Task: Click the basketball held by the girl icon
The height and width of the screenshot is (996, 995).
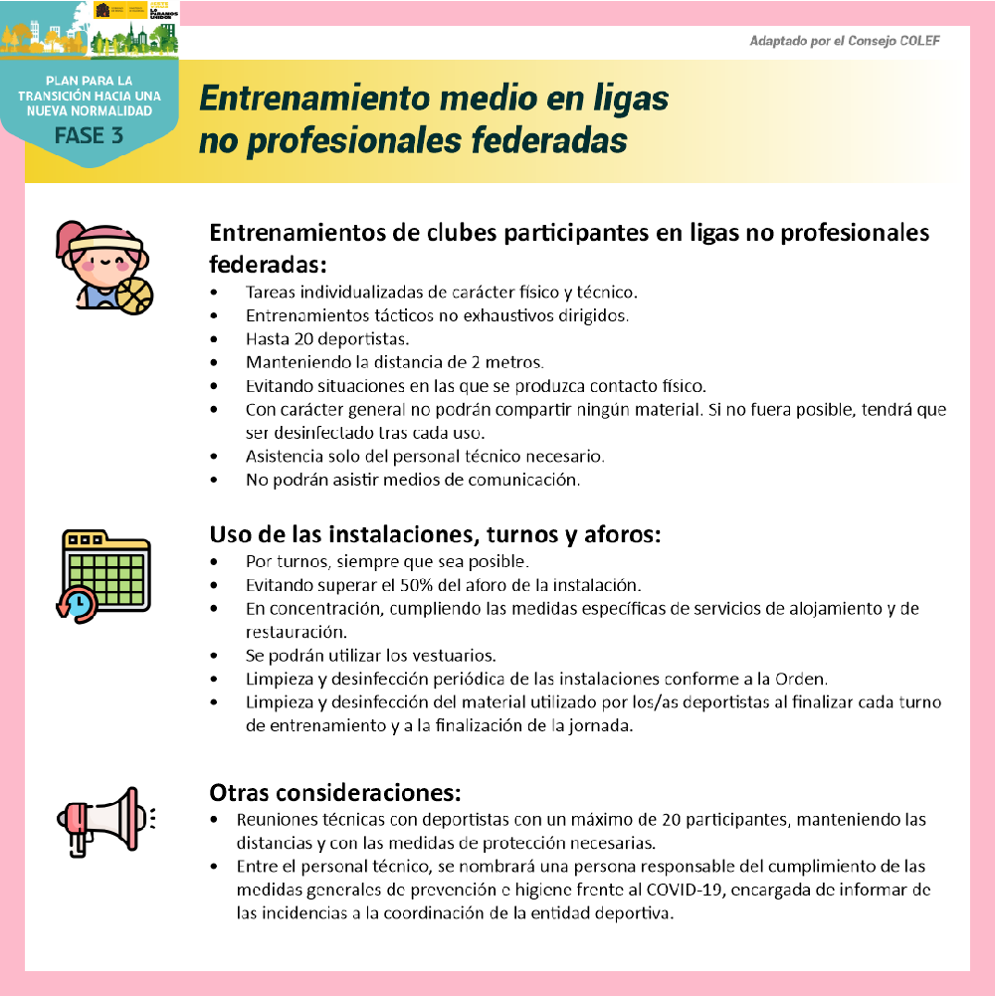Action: (x=134, y=296)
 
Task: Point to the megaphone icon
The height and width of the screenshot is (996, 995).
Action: (x=104, y=820)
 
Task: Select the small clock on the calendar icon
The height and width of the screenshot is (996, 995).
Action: (x=77, y=604)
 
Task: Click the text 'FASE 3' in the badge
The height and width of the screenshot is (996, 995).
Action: (x=90, y=135)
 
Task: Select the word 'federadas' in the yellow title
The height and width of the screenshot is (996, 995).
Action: (x=543, y=141)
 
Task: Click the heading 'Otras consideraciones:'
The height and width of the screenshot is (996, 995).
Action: (x=335, y=793)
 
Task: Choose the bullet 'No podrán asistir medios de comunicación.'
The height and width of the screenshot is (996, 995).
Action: (x=412, y=481)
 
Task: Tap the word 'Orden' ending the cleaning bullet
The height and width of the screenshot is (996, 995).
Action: (x=803, y=680)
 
